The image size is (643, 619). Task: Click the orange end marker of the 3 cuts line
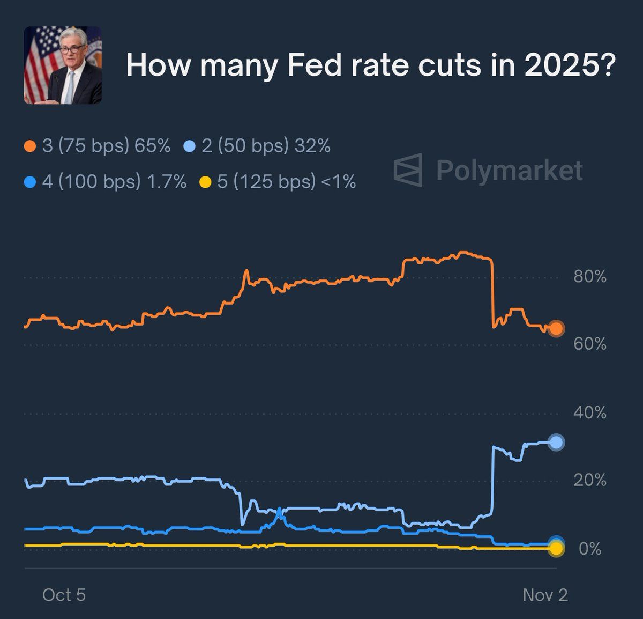(556, 328)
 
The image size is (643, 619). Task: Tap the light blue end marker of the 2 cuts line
(556, 442)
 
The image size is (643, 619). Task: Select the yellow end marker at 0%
(556, 549)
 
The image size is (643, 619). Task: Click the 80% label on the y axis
(589, 277)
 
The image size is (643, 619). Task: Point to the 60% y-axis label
(589, 344)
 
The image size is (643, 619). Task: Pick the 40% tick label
(589, 412)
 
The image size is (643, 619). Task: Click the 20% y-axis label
(589, 480)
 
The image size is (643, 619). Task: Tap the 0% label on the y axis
(590, 549)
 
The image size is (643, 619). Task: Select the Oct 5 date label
(64, 595)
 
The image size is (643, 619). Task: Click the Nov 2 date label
(545, 595)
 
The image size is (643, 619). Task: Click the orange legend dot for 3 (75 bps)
(31, 146)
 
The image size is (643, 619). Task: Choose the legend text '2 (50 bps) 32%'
(266, 146)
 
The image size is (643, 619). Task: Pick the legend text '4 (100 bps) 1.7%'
(114, 182)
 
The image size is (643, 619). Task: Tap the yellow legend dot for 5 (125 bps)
(205, 182)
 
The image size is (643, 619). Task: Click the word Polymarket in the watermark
(509, 171)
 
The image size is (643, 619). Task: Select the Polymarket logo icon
(408, 170)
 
